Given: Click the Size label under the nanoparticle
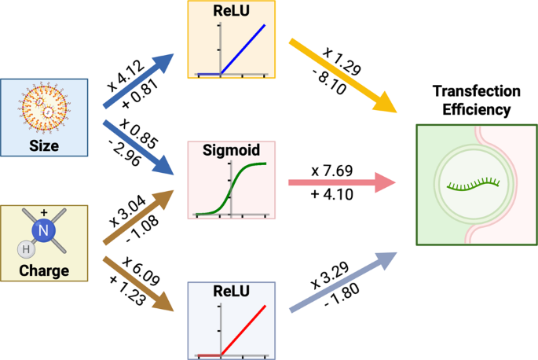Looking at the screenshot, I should tap(44, 145).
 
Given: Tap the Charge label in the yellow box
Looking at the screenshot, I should tap(44, 271).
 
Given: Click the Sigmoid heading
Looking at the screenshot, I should tap(230, 150).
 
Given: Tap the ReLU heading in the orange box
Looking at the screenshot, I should tap(232, 11).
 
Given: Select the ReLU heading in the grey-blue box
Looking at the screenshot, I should tap(231, 292).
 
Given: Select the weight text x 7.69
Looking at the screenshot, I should tap(328, 169).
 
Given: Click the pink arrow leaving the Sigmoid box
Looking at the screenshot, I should tap(338, 183).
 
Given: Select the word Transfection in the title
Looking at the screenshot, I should tap(477, 90).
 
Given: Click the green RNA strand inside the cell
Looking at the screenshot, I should tap(475, 185).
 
